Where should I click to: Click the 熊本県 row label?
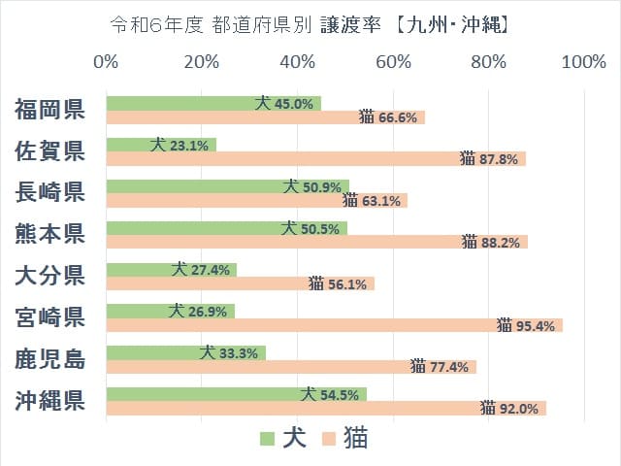tap(50, 234)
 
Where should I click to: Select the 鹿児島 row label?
tap(50, 359)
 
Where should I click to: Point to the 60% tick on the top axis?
tap(393, 63)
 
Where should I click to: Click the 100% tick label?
tap(583, 63)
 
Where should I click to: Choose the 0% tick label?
tap(106, 63)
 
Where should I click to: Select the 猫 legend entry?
tap(346, 439)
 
